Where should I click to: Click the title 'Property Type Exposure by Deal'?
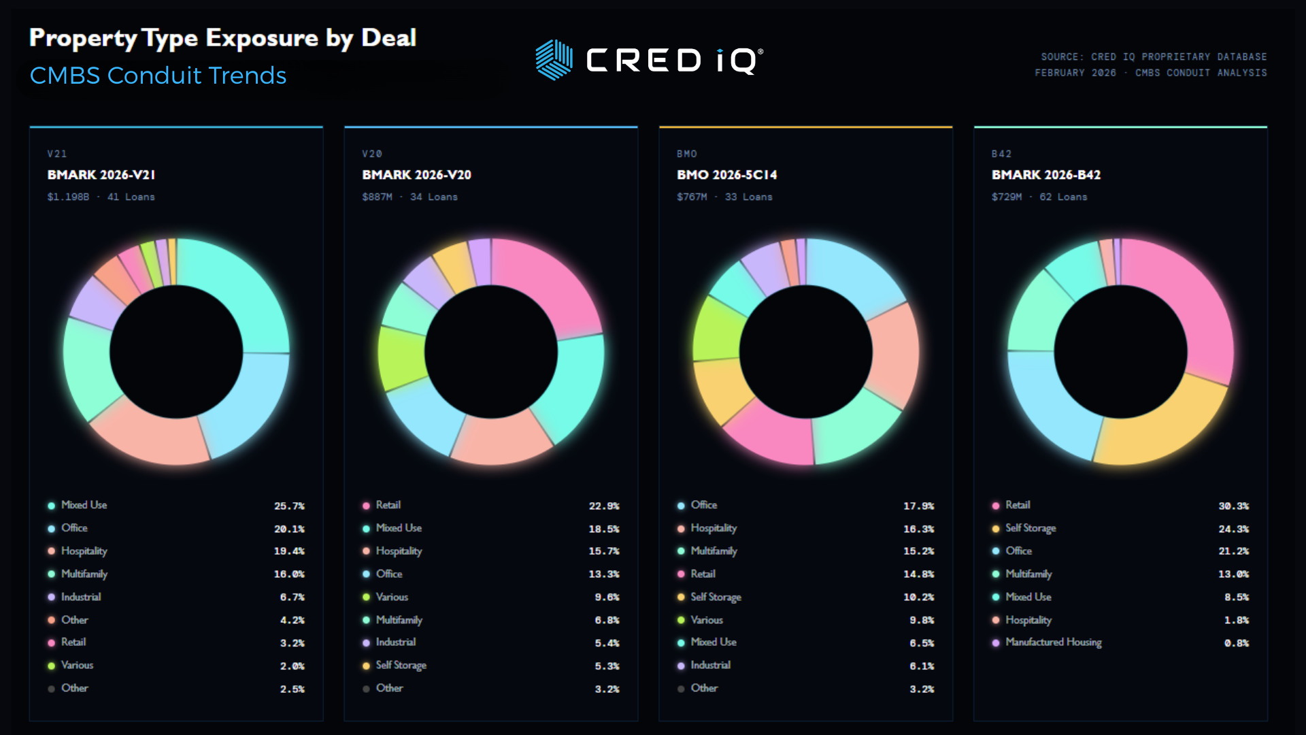click(x=222, y=38)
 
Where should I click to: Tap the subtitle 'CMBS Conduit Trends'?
click(x=158, y=76)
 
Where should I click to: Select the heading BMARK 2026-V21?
click(x=101, y=175)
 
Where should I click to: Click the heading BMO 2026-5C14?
click(x=726, y=175)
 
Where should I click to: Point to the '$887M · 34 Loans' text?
click(x=409, y=197)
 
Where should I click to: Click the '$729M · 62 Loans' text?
click(x=1039, y=197)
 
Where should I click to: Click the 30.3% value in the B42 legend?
click(x=1233, y=506)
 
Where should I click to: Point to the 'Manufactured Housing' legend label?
click(x=1053, y=642)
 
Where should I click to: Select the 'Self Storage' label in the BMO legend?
click(x=716, y=597)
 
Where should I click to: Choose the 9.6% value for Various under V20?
click(x=607, y=598)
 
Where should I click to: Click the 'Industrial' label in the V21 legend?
click(x=81, y=597)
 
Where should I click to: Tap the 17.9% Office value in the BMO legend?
click(x=918, y=506)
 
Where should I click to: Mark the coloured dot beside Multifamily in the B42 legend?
click(x=996, y=574)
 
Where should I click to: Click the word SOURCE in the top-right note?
click(x=1059, y=57)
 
